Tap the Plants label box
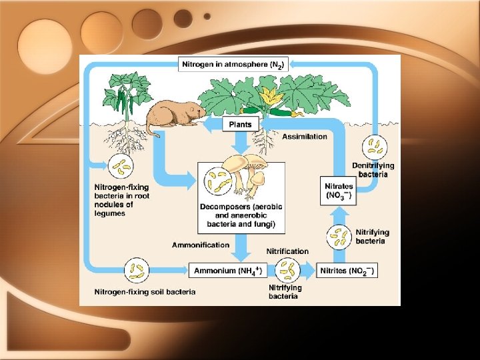click(x=240, y=124)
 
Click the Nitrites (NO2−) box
click(x=347, y=270)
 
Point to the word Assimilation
click(x=305, y=137)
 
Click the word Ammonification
click(x=200, y=245)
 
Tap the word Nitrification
click(x=287, y=251)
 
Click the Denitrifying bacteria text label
click(x=373, y=170)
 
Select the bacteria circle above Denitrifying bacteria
click(x=374, y=147)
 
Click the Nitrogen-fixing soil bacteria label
click(x=145, y=291)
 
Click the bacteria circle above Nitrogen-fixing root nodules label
click(x=121, y=167)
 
